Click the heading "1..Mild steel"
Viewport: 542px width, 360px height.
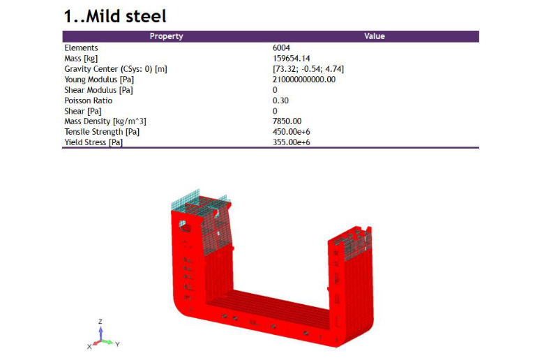(x=115, y=16)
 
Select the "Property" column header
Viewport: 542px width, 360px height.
(x=166, y=36)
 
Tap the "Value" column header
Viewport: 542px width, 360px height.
(x=375, y=36)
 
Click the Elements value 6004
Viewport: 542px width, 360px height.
(x=281, y=47)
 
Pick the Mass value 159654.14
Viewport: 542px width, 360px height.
(x=291, y=59)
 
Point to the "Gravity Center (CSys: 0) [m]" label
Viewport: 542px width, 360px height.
(x=116, y=69)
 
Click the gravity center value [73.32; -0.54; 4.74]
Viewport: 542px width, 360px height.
(x=308, y=69)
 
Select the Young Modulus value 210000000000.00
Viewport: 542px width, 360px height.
(x=304, y=80)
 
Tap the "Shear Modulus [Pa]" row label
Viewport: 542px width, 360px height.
(x=98, y=90)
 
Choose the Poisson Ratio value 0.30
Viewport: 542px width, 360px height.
(x=280, y=100)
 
